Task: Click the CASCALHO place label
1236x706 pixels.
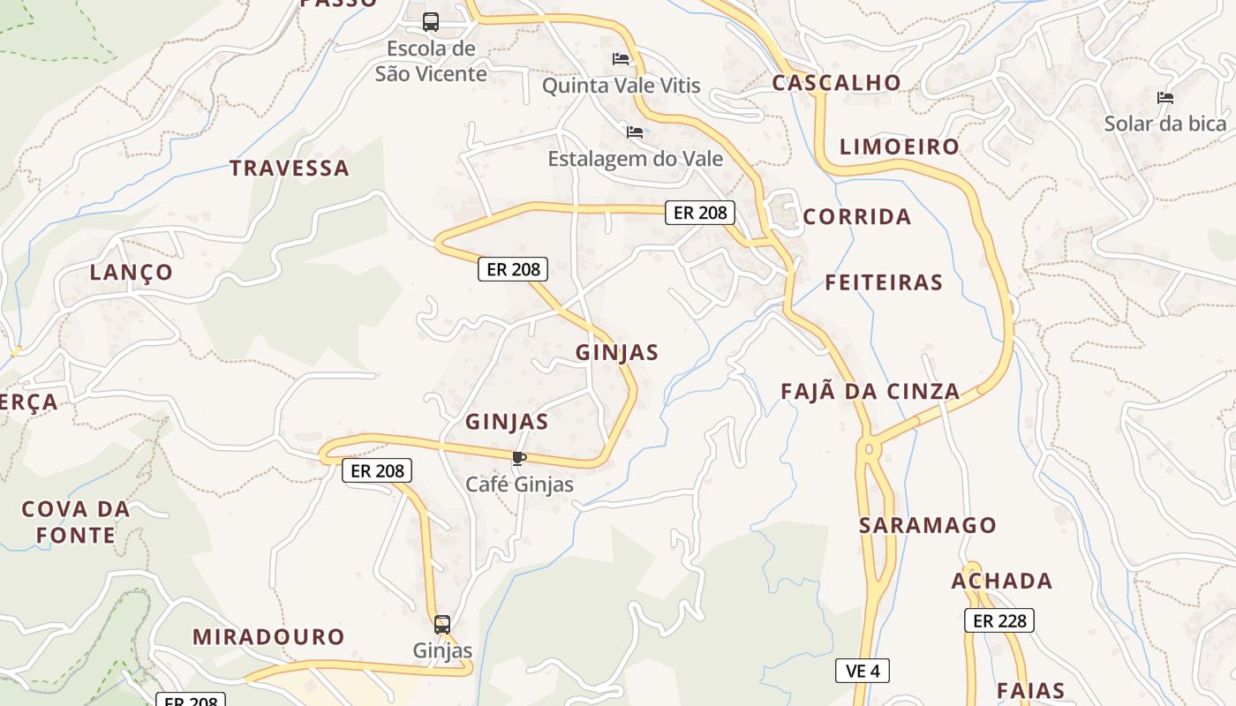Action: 836,83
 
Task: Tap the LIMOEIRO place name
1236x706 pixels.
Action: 899,146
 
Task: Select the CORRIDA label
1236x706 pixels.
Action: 856,216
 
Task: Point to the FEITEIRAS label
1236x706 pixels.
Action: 884,282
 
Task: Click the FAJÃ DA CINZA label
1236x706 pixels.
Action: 870,391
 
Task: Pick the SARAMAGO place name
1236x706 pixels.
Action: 927,525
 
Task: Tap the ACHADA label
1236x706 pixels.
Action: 1001,581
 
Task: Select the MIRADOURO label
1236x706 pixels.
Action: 268,636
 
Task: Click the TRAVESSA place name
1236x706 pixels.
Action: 290,168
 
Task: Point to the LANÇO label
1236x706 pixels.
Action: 132,272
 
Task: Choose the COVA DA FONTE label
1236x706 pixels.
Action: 75,522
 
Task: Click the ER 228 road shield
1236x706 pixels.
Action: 999,620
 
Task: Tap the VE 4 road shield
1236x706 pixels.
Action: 862,671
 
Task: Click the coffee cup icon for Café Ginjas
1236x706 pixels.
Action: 518,458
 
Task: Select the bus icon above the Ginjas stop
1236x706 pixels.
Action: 442,625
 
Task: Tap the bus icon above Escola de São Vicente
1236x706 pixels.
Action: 431,22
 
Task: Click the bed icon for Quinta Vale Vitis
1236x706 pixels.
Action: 621,59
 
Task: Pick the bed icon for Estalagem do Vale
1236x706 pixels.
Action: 635,132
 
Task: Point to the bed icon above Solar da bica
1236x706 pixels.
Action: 1165,98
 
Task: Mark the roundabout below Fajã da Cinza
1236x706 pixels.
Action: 870,449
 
